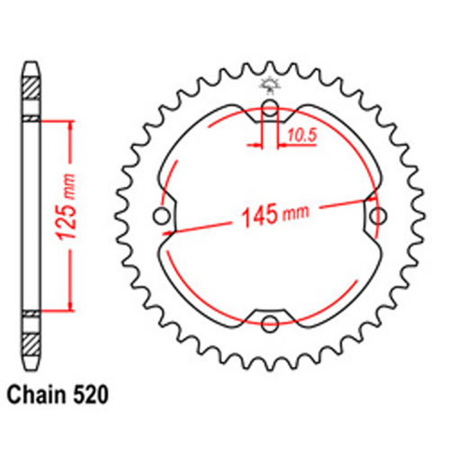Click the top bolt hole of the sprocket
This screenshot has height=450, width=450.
[x=270, y=112]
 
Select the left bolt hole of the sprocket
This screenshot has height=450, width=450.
[x=163, y=216]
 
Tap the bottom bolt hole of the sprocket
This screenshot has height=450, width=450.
[x=270, y=322]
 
